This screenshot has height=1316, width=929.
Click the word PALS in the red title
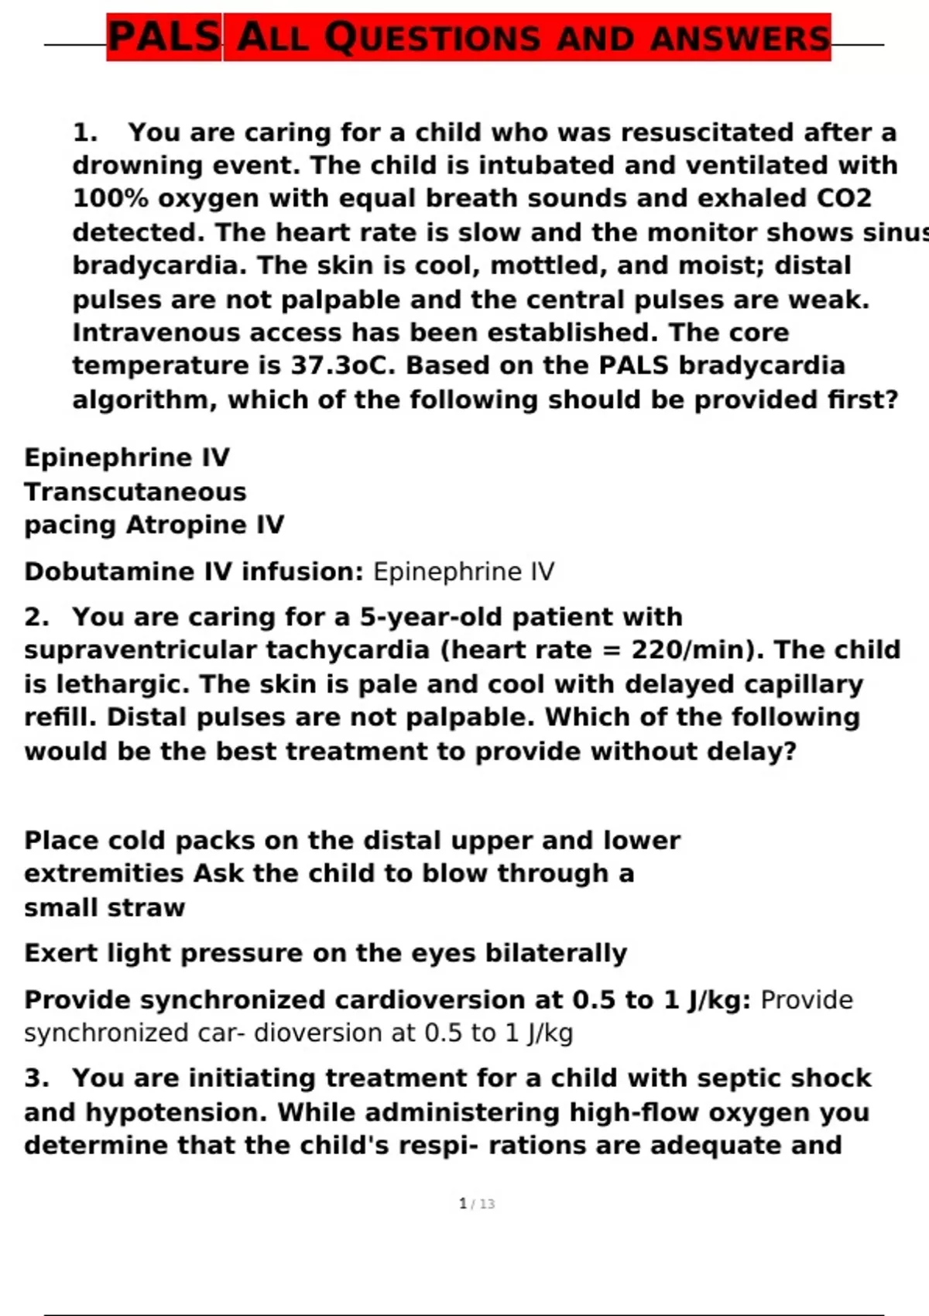point(164,37)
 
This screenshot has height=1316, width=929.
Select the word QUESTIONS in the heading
point(432,38)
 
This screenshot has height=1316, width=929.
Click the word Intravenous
point(152,333)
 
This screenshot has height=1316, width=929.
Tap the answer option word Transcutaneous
point(135,492)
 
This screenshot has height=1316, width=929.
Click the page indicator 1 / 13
point(477,1204)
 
